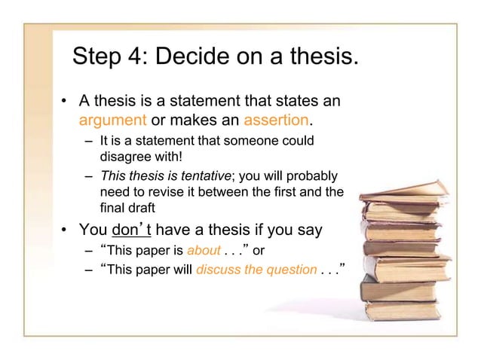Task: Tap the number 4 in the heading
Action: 146,56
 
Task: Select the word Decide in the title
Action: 207,56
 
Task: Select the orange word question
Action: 283,270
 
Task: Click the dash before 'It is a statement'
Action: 87,142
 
